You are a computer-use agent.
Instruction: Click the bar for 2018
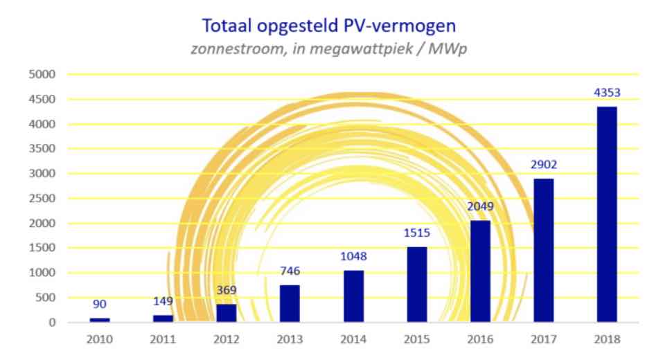607,214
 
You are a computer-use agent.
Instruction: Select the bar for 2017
543,250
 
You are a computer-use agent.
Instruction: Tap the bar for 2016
480,271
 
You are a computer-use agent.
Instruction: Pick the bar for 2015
417,285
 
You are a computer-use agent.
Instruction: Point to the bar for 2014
353,296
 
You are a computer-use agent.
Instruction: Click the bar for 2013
290,304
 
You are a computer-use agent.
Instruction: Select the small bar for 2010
100,320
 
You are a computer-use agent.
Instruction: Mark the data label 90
100,304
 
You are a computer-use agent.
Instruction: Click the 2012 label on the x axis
227,339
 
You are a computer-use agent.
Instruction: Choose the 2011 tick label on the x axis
163,339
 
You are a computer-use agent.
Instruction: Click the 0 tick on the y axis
52,323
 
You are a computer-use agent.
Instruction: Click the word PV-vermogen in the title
401,26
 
